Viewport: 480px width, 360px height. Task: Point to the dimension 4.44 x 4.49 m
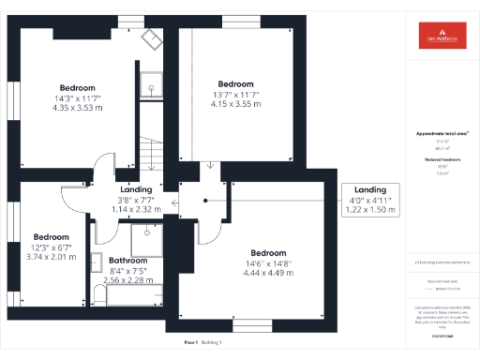pos(268,273)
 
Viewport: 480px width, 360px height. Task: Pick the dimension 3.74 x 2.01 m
pos(51,256)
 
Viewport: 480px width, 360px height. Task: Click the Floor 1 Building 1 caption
pos(208,343)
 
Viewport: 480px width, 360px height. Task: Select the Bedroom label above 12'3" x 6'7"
pos(51,237)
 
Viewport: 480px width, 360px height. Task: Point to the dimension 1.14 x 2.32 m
pos(135,209)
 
